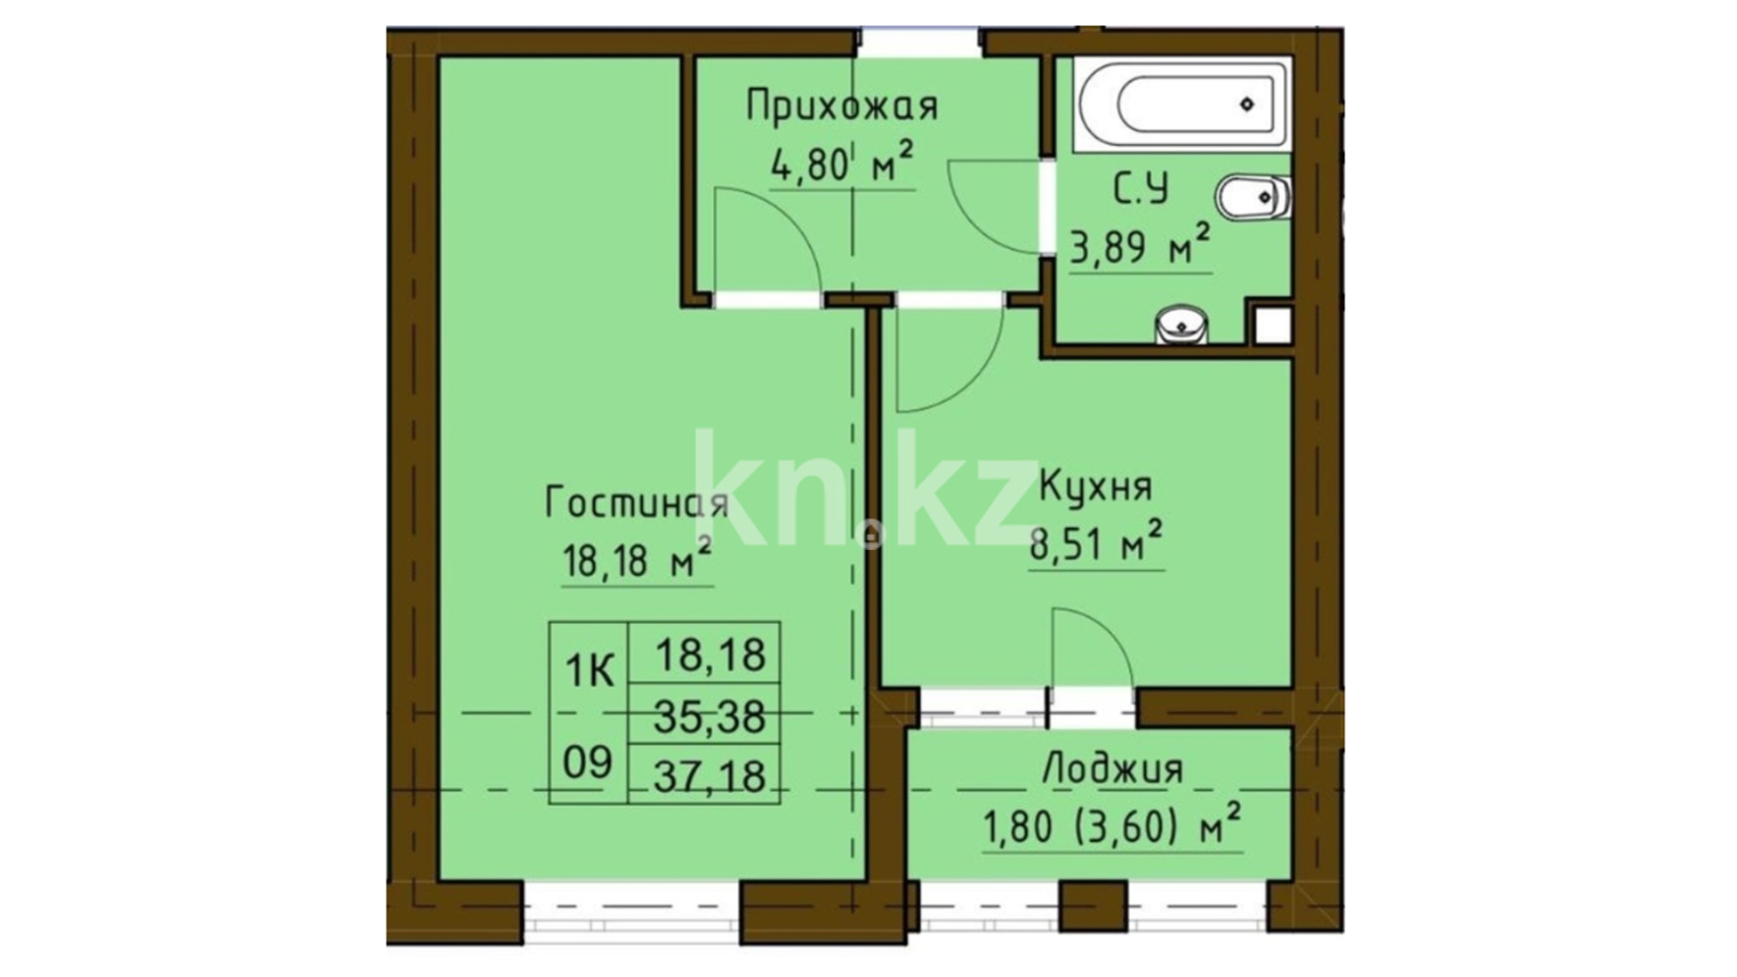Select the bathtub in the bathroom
tap(1182, 105)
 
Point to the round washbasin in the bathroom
tap(1182, 325)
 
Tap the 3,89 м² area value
tap(1140, 246)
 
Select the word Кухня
tap(1096, 488)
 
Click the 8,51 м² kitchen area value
tap(1096, 545)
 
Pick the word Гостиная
tap(637, 502)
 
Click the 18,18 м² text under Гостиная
tap(637, 561)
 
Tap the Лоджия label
tap(1113, 770)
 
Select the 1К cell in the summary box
tap(590, 671)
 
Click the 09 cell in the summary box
tap(588, 763)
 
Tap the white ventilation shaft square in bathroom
tap(1272, 325)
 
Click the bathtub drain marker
tap(1248, 104)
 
